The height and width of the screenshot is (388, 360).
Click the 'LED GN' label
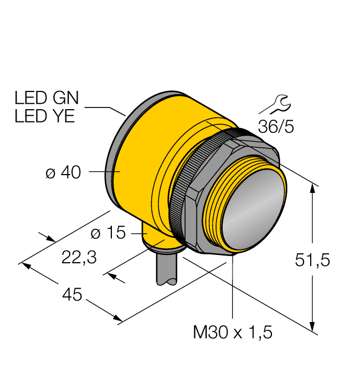(47, 99)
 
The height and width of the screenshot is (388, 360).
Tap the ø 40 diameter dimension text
(63, 173)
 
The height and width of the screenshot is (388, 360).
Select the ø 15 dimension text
(108, 233)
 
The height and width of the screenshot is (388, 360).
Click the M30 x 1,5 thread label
(233, 333)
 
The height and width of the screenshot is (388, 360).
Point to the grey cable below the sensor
(167, 268)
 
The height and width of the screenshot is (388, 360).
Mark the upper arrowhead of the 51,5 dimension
(313, 188)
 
